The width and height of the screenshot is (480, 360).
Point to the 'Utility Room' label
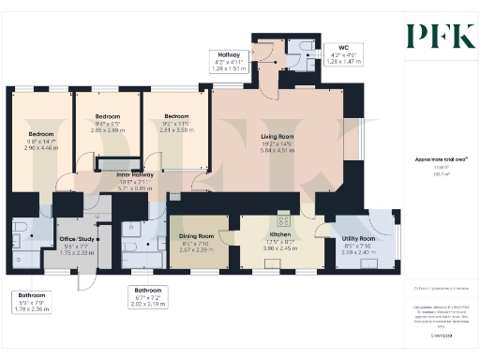[359, 239]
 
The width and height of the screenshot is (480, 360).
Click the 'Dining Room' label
[198, 236]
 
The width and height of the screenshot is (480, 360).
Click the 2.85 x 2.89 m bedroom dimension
[109, 130]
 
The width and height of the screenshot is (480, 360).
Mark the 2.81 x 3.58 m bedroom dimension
[172, 131]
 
